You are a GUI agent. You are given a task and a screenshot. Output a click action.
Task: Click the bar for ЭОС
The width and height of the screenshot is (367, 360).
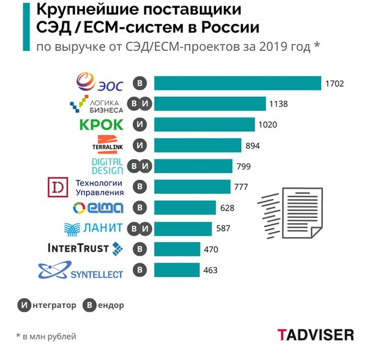pos(237,83)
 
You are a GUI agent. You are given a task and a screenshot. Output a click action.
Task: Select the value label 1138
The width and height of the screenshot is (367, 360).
pos(282,103)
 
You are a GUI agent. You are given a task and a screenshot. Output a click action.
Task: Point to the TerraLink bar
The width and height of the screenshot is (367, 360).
pos(198,146)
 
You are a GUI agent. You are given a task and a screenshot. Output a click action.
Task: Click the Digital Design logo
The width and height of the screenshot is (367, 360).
pos(108,166)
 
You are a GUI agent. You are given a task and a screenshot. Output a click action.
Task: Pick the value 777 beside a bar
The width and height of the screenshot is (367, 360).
pos(240,187)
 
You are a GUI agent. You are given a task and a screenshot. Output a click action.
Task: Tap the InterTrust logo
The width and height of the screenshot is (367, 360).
pos(86,249)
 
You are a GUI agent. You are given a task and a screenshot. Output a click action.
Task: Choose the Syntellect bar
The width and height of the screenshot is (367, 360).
pos(177,270)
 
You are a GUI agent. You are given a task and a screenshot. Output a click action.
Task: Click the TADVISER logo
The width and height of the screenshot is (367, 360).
pos(316,334)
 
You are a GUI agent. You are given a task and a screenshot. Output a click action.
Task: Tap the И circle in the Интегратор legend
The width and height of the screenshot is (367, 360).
pos(23,305)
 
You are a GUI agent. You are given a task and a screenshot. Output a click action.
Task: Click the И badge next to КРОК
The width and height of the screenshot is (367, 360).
pos(141,125)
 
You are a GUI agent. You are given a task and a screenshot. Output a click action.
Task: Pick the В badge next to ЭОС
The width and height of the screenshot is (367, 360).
pos(141,83)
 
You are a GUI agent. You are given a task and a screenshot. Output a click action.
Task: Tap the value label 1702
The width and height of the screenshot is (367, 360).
pos(336,83)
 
